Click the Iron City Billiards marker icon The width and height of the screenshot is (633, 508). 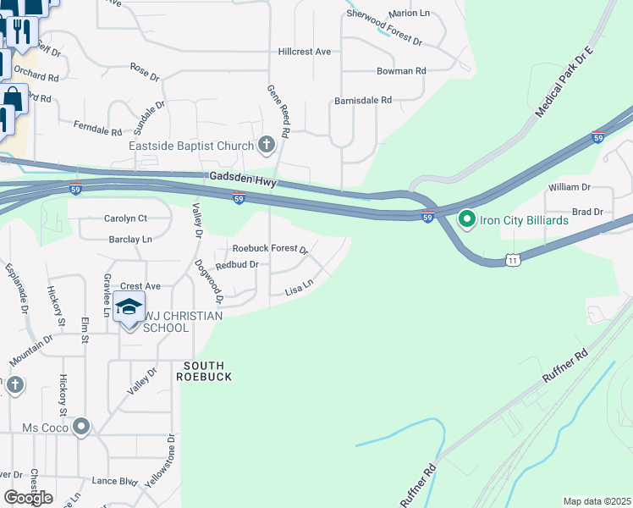point(466,220)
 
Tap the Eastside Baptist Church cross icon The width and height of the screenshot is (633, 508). point(267,146)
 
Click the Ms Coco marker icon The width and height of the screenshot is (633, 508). point(81,426)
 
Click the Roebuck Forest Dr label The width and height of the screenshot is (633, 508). point(271,250)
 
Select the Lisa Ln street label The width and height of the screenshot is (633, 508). point(300,290)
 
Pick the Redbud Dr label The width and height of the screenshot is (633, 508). point(236,265)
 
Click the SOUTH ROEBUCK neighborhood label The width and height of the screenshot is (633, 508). point(202,370)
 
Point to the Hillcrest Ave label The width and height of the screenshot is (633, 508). point(305,52)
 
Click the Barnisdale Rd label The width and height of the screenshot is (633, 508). point(363,100)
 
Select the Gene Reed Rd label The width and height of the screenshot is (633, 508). point(279,110)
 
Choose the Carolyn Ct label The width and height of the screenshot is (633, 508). point(125,218)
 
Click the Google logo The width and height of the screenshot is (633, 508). point(28,498)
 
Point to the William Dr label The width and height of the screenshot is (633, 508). point(569,186)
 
